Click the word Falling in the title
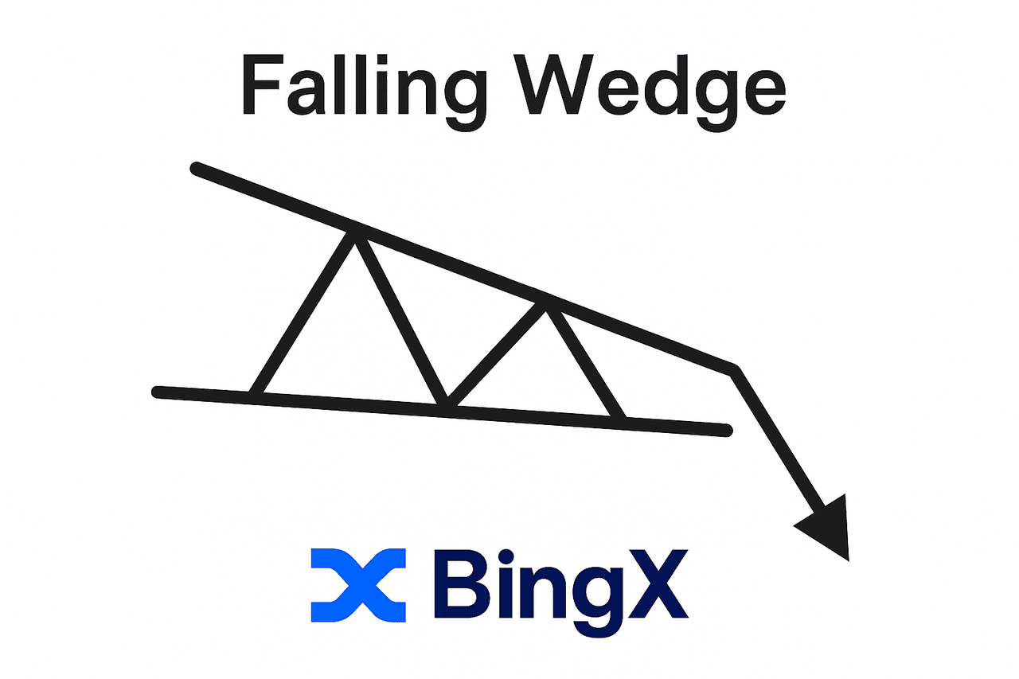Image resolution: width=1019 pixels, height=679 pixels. [x=363, y=87]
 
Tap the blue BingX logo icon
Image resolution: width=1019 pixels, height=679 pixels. [x=358, y=585]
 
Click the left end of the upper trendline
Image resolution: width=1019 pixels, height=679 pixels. [x=196, y=168]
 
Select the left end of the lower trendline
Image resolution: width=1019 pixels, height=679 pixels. [x=158, y=391]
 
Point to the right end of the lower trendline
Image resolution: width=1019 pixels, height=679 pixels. [x=726, y=431]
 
